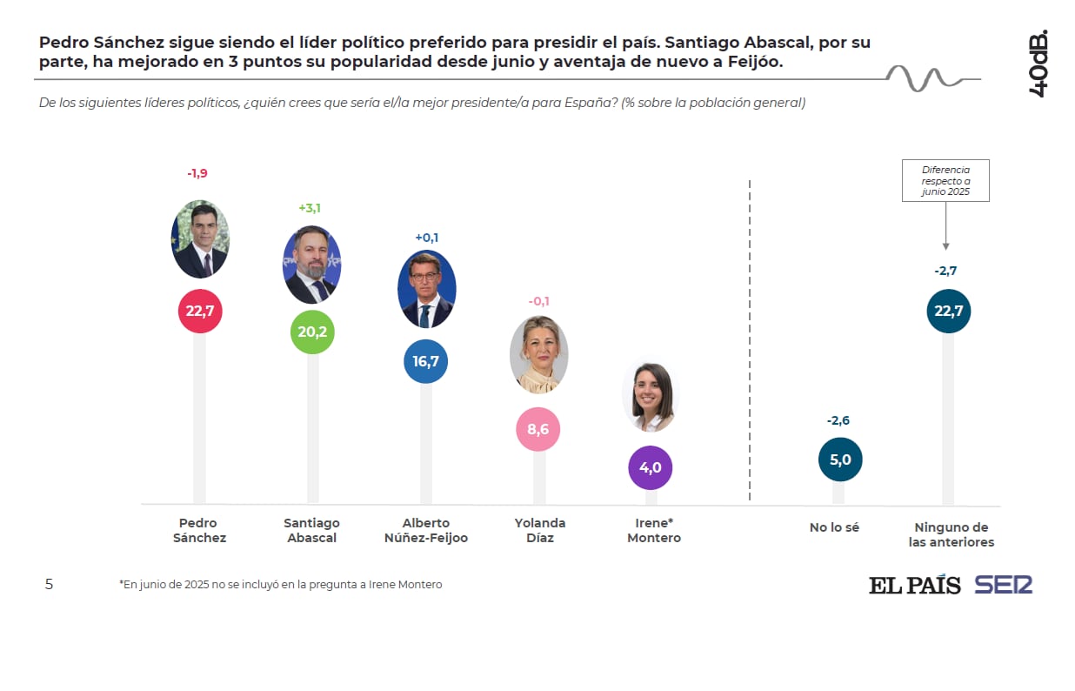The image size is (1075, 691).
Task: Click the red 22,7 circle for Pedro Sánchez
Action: (200, 311)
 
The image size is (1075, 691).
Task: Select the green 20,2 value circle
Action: (311, 332)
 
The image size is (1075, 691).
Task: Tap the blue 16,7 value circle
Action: (425, 361)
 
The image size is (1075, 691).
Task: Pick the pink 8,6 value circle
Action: (537, 429)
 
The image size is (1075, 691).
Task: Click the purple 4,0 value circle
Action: (651, 467)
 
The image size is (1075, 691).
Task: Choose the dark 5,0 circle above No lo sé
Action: (840, 460)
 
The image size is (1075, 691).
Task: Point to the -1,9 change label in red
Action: (197, 173)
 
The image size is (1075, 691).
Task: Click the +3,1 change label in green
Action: (310, 208)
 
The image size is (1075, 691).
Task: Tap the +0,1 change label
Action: (426, 238)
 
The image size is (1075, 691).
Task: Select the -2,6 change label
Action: (838, 420)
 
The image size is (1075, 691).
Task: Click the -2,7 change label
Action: (945, 272)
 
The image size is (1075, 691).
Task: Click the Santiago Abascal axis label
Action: (311, 530)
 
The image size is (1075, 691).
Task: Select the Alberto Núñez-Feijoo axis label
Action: (426, 530)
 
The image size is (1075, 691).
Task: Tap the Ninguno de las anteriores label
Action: (951, 534)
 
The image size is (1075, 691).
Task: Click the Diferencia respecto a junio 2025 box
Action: (945, 180)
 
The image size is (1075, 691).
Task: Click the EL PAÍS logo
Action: (914, 585)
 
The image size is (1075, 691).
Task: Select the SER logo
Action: (1003, 585)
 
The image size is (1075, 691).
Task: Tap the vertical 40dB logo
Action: (1038, 64)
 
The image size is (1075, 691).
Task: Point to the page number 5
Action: (49, 585)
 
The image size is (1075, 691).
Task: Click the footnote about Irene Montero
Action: (280, 585)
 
